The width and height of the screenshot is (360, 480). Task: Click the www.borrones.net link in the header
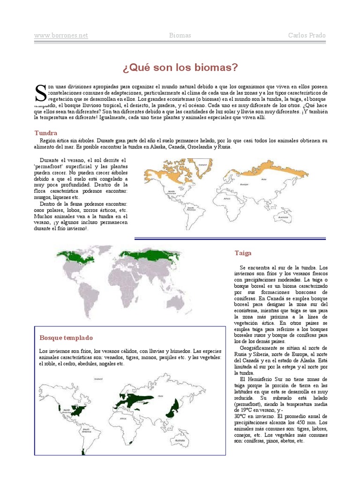(61, 36)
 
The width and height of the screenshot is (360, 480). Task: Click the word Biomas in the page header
(180, 36)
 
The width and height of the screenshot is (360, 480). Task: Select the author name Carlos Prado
(307, 36)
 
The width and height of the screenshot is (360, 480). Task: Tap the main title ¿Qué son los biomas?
(180, 67)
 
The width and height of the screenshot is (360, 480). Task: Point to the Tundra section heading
(46, 133)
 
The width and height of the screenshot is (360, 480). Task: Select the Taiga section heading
(243, 253)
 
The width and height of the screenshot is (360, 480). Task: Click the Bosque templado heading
(66, 337)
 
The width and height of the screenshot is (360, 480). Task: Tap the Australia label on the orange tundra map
(282, 217)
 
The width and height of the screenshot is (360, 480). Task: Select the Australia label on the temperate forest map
(180, 441)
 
